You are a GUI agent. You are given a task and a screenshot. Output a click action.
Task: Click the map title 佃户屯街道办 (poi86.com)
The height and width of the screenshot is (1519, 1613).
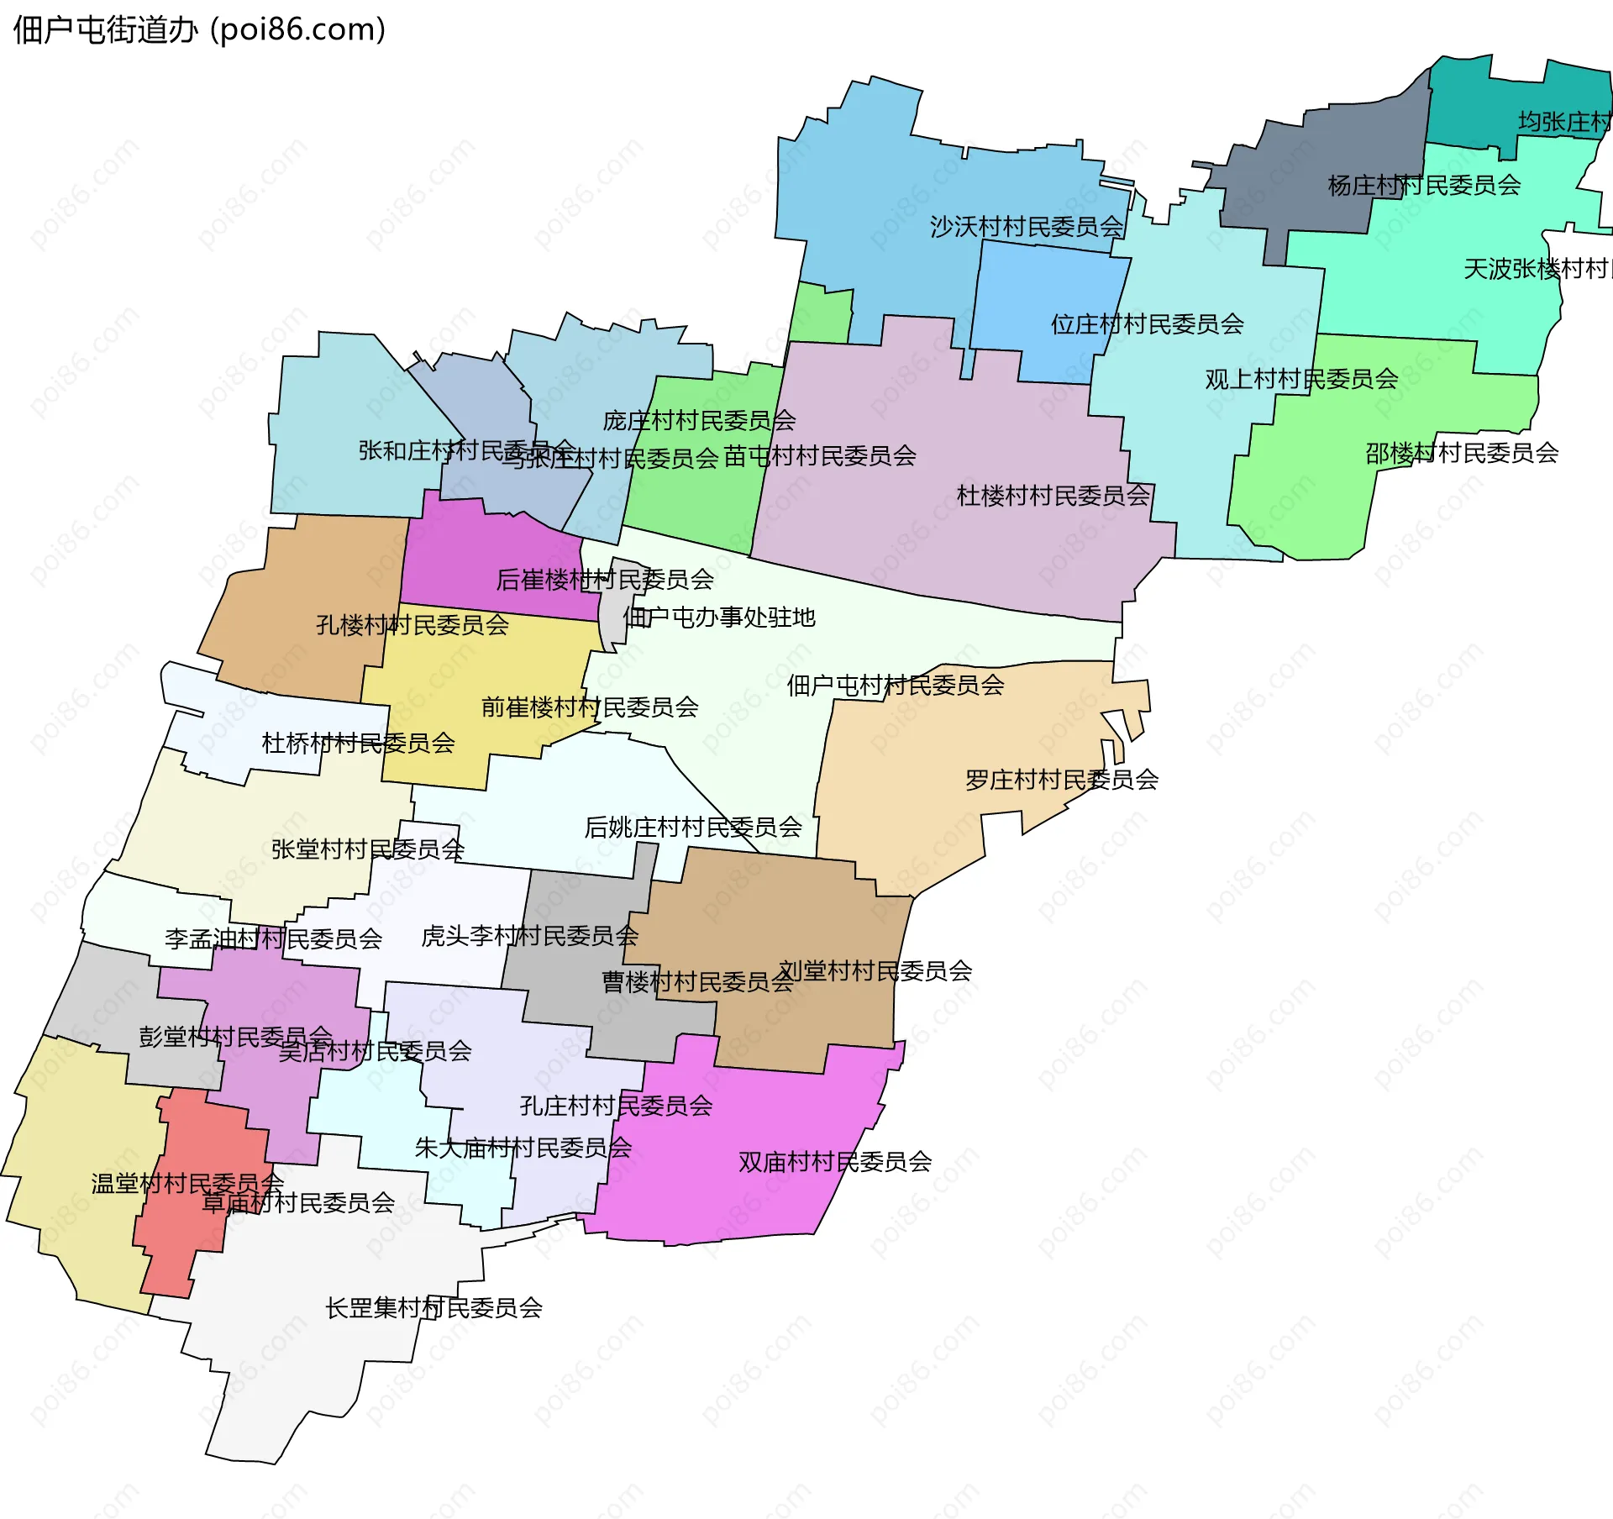199,30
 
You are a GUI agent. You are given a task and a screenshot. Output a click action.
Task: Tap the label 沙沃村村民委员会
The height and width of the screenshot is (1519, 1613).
1026,227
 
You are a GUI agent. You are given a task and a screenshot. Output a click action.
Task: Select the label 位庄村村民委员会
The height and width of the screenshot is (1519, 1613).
1147,324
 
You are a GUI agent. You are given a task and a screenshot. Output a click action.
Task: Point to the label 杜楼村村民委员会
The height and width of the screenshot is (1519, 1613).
1053,496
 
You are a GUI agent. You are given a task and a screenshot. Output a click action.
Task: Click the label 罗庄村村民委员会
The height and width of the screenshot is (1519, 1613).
1061,780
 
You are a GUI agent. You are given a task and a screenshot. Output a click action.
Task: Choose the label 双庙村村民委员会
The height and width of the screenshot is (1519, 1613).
834,1162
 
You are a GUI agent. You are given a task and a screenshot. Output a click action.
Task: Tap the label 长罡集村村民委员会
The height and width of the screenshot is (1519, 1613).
433,1308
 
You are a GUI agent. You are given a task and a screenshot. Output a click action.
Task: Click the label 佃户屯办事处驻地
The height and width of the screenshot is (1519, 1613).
719,618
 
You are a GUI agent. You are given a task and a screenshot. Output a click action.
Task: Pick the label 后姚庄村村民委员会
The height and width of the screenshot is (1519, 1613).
692,828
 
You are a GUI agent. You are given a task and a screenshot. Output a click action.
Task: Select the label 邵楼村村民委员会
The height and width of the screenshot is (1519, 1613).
1461,454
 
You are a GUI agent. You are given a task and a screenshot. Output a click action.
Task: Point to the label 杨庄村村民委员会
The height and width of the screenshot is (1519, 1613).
1423,185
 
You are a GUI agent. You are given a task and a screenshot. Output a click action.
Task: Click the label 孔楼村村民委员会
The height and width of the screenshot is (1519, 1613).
412,625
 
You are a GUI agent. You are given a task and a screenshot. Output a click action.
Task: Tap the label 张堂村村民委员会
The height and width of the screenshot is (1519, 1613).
367,849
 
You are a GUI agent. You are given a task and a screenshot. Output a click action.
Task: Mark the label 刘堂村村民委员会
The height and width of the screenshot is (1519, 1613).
875,971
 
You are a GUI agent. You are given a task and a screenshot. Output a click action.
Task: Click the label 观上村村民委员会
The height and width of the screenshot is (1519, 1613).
1300,380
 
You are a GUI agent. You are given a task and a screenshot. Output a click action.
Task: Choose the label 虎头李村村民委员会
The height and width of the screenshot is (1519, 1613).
529,936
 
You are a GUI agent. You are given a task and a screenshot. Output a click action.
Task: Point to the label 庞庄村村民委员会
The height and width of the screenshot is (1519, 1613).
698,420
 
